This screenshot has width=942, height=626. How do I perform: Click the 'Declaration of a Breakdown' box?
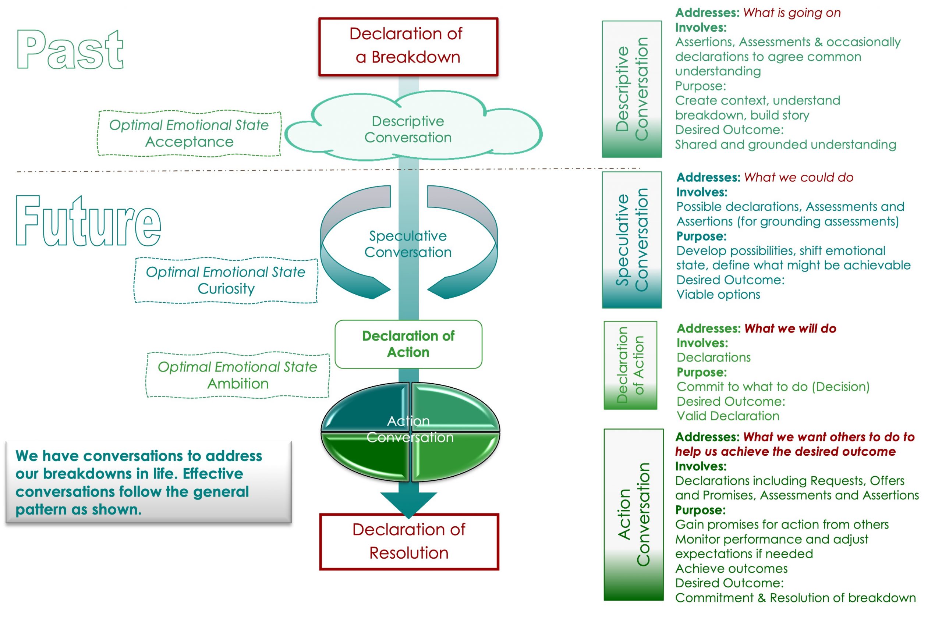pyautogui.click(x=408, y=46)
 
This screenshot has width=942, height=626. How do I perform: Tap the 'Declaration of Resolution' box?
pyautogui.click(x=409, y=541)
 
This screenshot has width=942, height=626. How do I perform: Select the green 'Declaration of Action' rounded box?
pyautogui.click(x=408, y=344)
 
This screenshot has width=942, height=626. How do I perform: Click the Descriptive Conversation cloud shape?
pyautogui.click(x=408, y=129)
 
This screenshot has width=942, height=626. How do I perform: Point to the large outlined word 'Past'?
pyautogui.click(x=70, y=50)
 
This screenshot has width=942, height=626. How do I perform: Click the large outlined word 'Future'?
pyautogui.click(x=88, y=221)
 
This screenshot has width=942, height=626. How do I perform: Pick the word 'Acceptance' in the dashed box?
pyautogui.click(x=189, y=142)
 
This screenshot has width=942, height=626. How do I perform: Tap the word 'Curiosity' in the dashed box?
pyautogui.click(x=226, y=288)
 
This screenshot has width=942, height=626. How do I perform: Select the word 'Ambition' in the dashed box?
pyautogui.click(x=238, y=383)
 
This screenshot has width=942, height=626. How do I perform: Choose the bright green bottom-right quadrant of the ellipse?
pyautogui.click(x=453, y=455)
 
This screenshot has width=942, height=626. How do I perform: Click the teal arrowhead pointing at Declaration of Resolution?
pyautogui.click(x=408, y=504)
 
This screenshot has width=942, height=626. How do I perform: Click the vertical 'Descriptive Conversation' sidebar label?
pyautogui.click(x=632, y=89)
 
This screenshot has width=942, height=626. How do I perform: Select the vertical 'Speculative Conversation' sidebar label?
pyautogui.click(x=632, y=239)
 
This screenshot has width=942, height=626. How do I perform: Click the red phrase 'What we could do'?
pyautogui.click(x=798, y=177)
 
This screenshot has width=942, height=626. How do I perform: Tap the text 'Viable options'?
pyautogui.click(x=718, y=294)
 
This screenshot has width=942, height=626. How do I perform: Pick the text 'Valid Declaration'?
pyautogui.click(x=727, y=416)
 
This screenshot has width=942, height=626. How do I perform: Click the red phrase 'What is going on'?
pyautogui.click(x=792, y=13)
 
